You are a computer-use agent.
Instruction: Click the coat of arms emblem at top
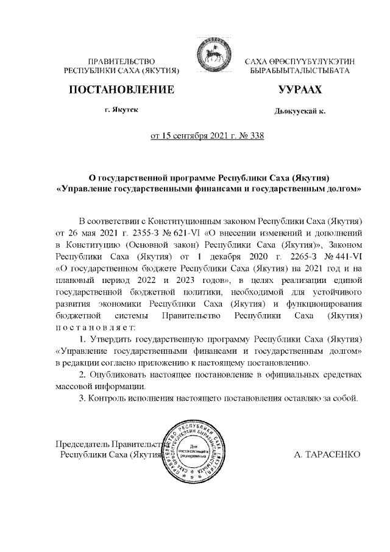(x=210, y=56)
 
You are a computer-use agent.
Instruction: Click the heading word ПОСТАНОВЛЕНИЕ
(x=122, y=90)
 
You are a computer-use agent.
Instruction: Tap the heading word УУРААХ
(x=299, y=90)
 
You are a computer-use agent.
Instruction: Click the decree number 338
(x=256, y=136)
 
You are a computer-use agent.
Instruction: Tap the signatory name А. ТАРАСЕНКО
(x=327, y=454)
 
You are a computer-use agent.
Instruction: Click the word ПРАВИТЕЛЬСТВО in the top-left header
(x=122, y=62)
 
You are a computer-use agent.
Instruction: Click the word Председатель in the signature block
(x=83, y=443)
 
